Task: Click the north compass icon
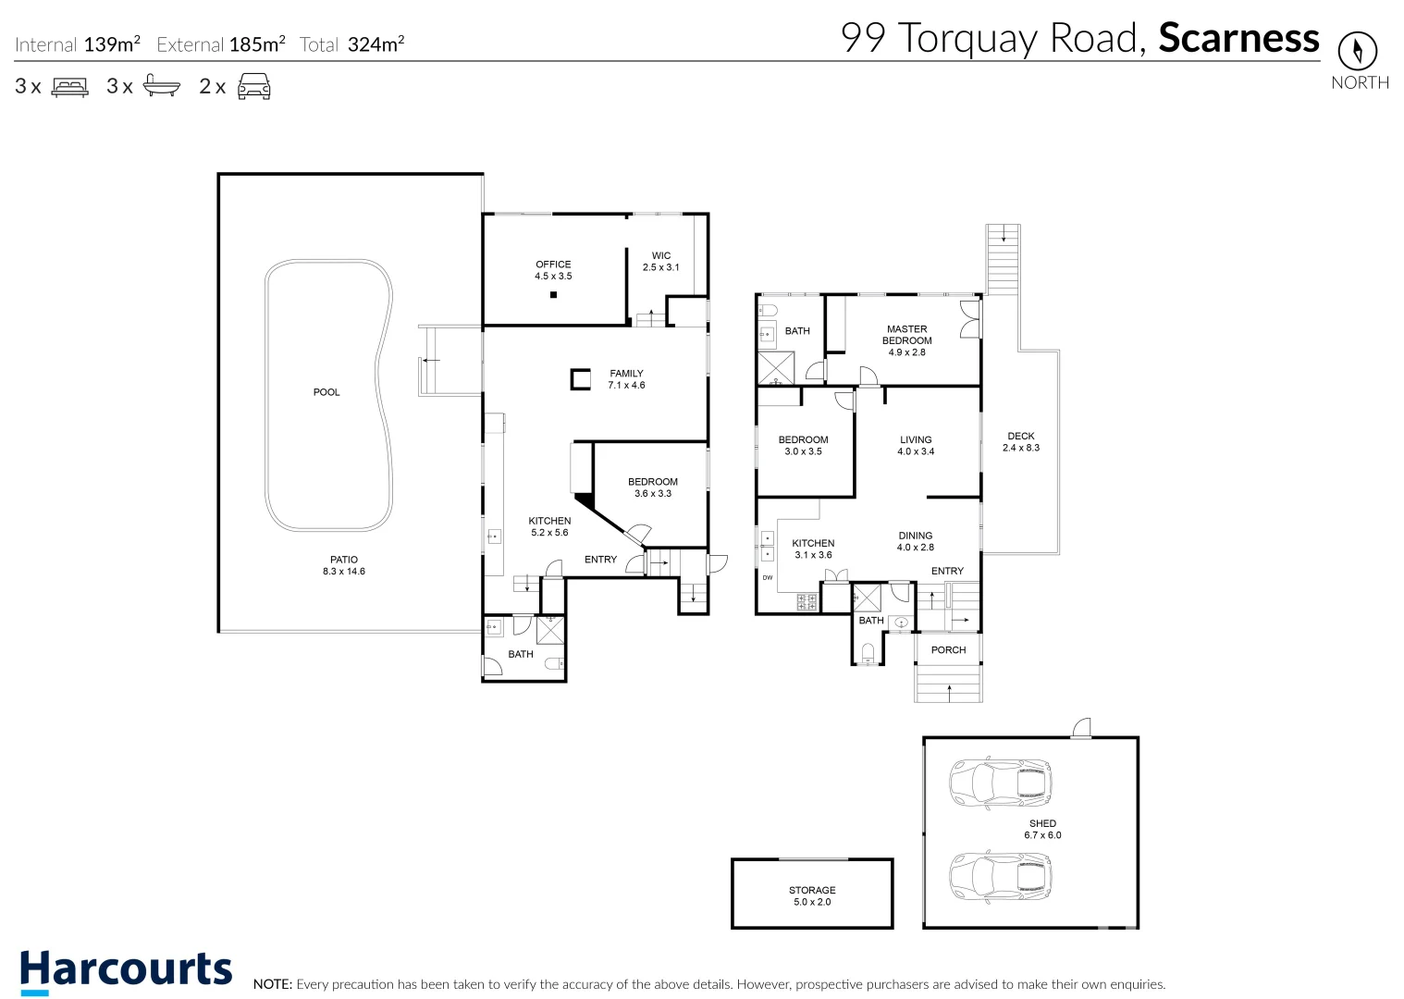1357,51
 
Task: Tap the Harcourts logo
126,970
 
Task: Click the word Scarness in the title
1238,38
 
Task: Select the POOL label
326,392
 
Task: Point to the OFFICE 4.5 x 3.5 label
553,270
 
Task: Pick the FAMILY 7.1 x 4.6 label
626,379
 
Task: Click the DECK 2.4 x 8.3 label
1021,442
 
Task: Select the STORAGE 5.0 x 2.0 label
812,895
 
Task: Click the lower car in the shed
1000,877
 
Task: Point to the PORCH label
948,650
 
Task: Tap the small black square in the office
553,295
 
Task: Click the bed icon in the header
69,87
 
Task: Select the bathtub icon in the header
161,87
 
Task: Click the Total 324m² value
376,44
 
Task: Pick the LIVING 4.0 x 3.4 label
916,446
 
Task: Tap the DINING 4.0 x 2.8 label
915,541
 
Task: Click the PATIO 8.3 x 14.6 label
344,565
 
